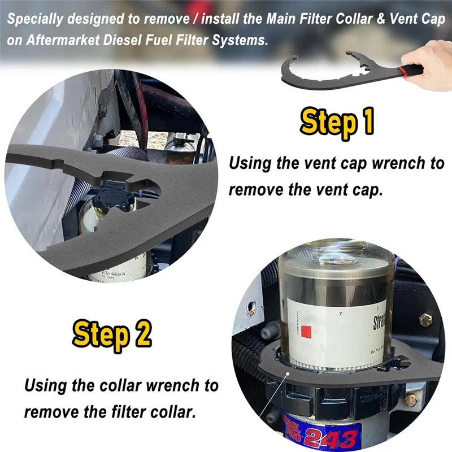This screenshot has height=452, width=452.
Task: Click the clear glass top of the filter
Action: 333,266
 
